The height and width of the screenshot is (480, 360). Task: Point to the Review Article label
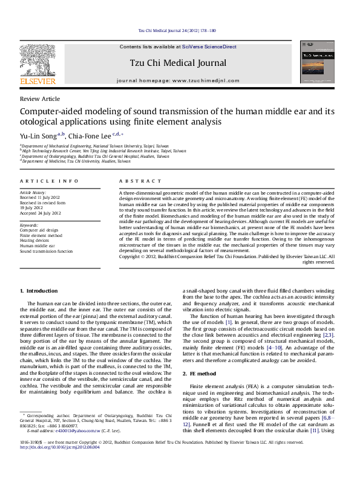click(40, 99)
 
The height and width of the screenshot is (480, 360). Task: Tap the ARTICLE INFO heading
click(49, 181)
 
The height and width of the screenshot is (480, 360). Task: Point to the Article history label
click(34, 192)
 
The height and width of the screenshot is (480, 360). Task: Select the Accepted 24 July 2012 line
click(41, 213)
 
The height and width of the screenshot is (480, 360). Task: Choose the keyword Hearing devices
click(38, 241)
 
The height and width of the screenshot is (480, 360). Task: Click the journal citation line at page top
click(177, 30)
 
